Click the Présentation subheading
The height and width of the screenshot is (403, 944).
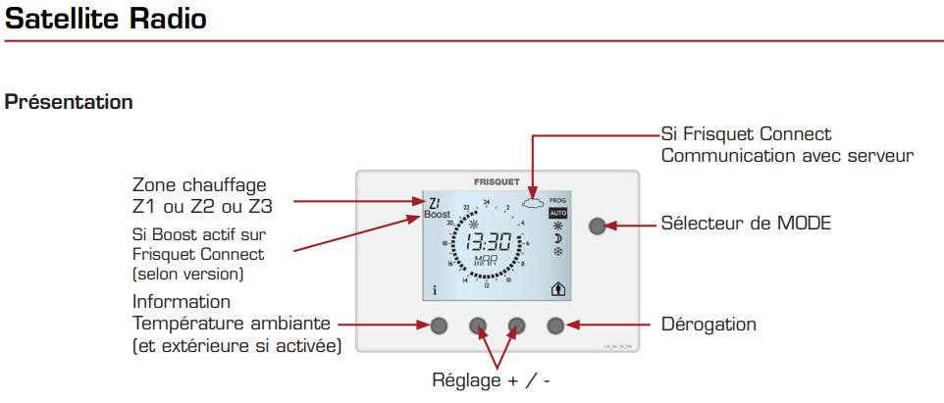click(69, 102)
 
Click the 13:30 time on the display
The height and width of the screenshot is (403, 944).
click(488, 243)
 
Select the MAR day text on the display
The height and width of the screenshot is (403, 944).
click(485, 262)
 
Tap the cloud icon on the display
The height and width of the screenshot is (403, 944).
click(533, 203)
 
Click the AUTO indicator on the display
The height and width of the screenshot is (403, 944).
click(557, 212)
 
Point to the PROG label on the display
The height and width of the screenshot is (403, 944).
click(557, 199)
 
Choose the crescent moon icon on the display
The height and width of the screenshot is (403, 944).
click(557, 238)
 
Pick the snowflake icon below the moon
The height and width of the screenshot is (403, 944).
click(557, 252)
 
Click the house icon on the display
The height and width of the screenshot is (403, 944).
click(557, 288)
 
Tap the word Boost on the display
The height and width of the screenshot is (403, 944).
click(437, 214)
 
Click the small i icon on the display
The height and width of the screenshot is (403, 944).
click(433, 290)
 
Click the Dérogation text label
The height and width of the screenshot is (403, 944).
click(708, 324)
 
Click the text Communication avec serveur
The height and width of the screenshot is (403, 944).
click(787, 155)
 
